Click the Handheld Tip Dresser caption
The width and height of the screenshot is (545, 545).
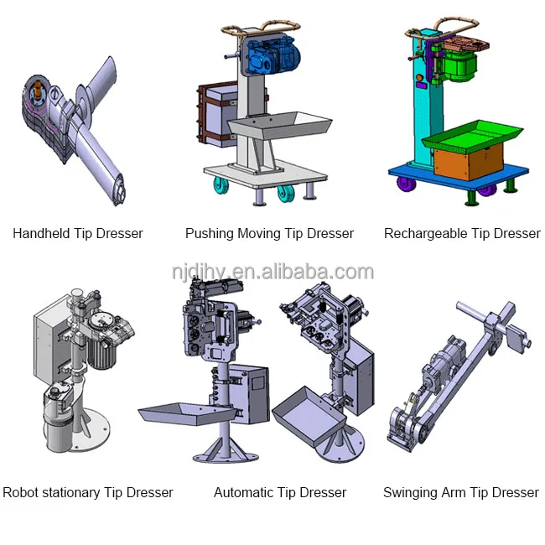click(77, 234)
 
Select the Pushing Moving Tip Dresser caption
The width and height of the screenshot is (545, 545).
click(269, 234)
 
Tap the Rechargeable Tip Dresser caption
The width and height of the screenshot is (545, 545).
click(462, 234)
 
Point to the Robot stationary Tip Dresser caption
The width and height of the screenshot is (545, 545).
click(88, 493)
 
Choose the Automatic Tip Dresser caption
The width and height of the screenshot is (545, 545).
click(280, 493)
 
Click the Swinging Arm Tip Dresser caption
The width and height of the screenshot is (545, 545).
click(461, 493)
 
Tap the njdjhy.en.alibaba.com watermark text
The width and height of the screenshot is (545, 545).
click(272, 272)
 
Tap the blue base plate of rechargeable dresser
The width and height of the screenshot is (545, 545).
click(458, 179)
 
